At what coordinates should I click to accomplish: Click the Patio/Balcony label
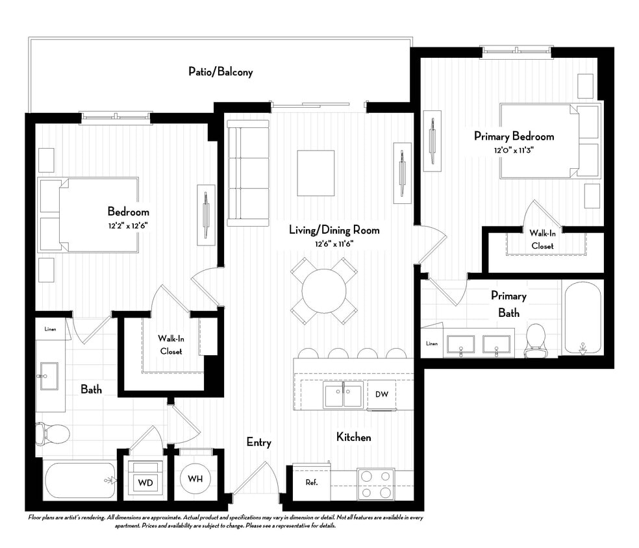tap(220, 72)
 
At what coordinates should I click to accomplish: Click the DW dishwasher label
tap(381, 394)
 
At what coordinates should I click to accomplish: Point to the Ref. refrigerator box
tap(312, 482)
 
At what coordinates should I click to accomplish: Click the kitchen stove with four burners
tap(375, 484)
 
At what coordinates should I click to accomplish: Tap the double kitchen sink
tap(344, 395)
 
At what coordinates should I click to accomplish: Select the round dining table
tap(323, 291)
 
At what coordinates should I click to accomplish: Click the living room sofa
tap(247, 173)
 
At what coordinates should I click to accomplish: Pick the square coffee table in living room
tap(316, 173)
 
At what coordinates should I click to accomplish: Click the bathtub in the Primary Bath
tap(583, 318)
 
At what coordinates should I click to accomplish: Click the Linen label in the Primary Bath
tap(432, 343)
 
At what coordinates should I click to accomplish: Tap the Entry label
tap(258, 442)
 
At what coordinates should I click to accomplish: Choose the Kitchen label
tap(353, 437)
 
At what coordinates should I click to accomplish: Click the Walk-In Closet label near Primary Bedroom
tap(542, 239)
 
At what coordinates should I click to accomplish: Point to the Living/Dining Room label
tap(334, 230)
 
